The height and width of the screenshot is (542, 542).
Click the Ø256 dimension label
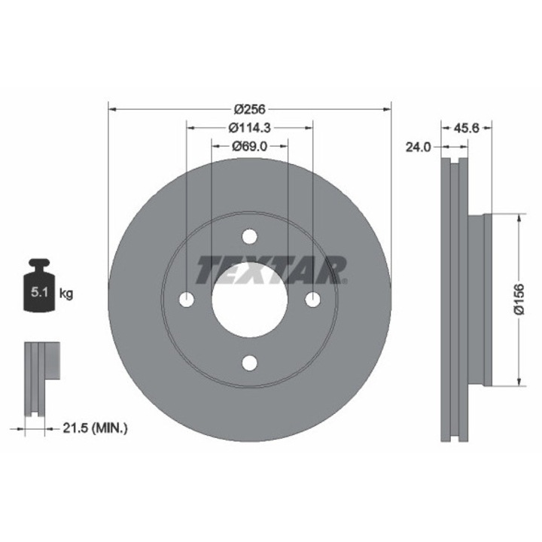tap(249, 108)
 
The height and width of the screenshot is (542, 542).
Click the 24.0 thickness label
tap(417, 148)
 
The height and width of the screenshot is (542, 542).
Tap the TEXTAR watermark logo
tap(272, 269)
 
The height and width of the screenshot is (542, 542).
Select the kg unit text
tap(66, 294)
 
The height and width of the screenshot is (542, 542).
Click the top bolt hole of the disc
tap(249, 237)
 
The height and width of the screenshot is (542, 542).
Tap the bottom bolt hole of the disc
tap(249, 363)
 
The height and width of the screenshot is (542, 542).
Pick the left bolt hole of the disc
tap(187, 300)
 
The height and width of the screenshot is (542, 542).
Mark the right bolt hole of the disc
tap(312, 300)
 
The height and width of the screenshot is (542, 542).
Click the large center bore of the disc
tap(249, 300)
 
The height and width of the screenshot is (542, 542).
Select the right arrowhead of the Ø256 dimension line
tap(387, 108)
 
